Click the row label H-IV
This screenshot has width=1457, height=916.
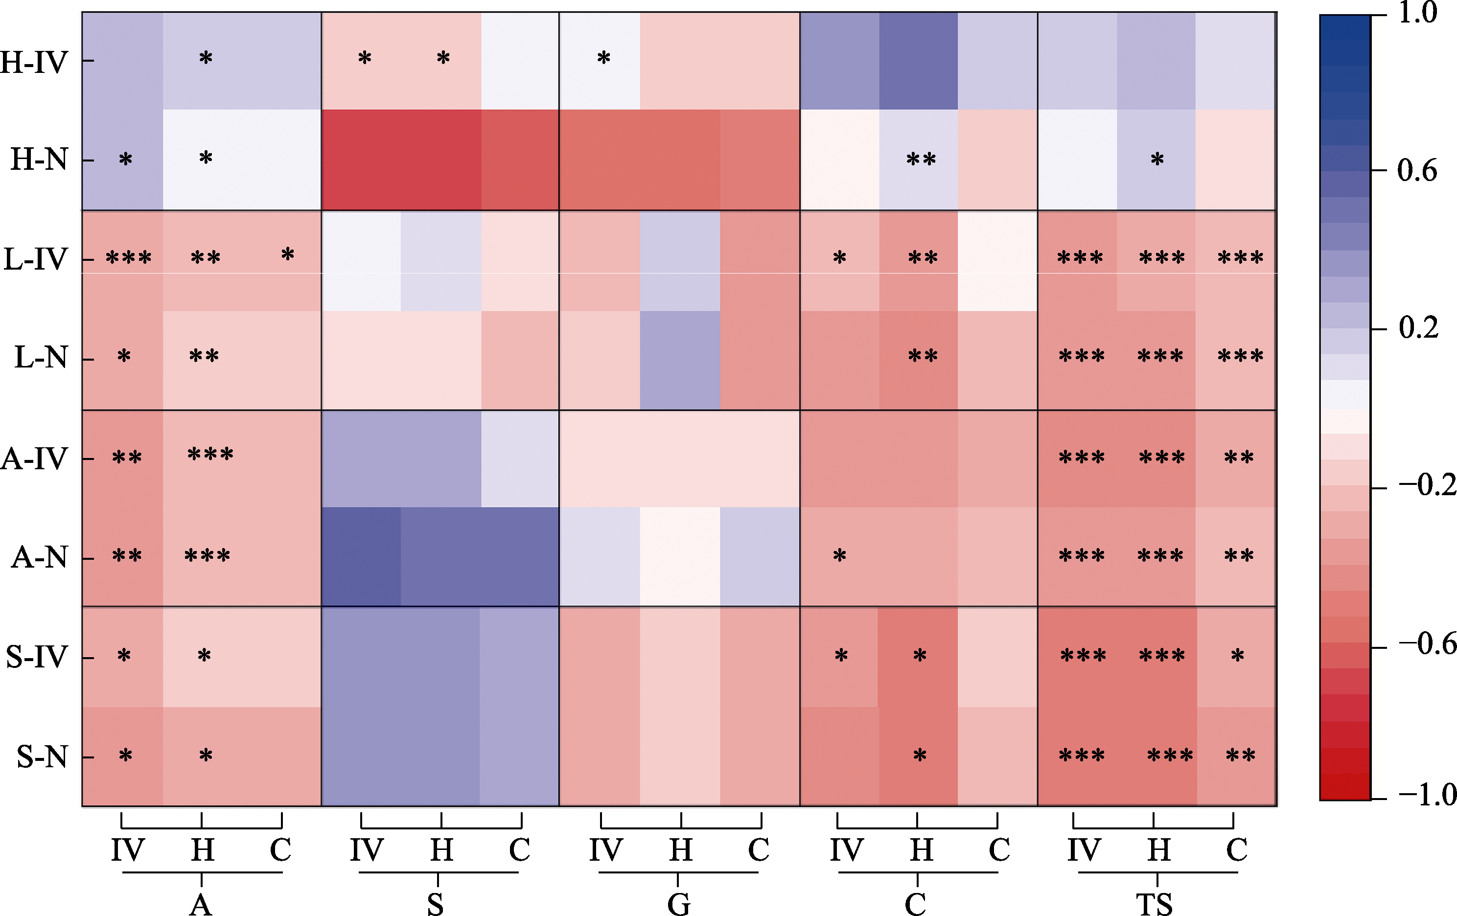pyautogui.click(x=34, y=62)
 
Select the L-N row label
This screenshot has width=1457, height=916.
pyautogui.click(x=41, y=357)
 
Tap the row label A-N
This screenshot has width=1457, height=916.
pyautogui.click(x=39, y=557)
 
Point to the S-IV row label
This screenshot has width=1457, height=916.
pyautogui.click(x=36, y=657)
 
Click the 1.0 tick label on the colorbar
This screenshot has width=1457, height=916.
pyautogui.click(x=1418, y=13)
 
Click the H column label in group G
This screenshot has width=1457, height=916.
pyautogui.click(x=681, y=850)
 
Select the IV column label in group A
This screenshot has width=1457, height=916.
pyautogui.click(x=127, y=850)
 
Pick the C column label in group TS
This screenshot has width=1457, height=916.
pyautogui.click(x=1236, y=850)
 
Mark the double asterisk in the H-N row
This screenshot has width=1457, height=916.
pyautogui.click(x=921, y=160)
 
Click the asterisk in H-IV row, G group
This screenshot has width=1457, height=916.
pyautogui.click(x=603, y=59)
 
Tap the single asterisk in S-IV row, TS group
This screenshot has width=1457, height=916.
pyautogui.click(x=1237, y=656)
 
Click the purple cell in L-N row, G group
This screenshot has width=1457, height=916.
pyautogui.click(x=680, y=360)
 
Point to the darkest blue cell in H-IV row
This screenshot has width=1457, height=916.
pyautogui.click(x=918, y=61)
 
